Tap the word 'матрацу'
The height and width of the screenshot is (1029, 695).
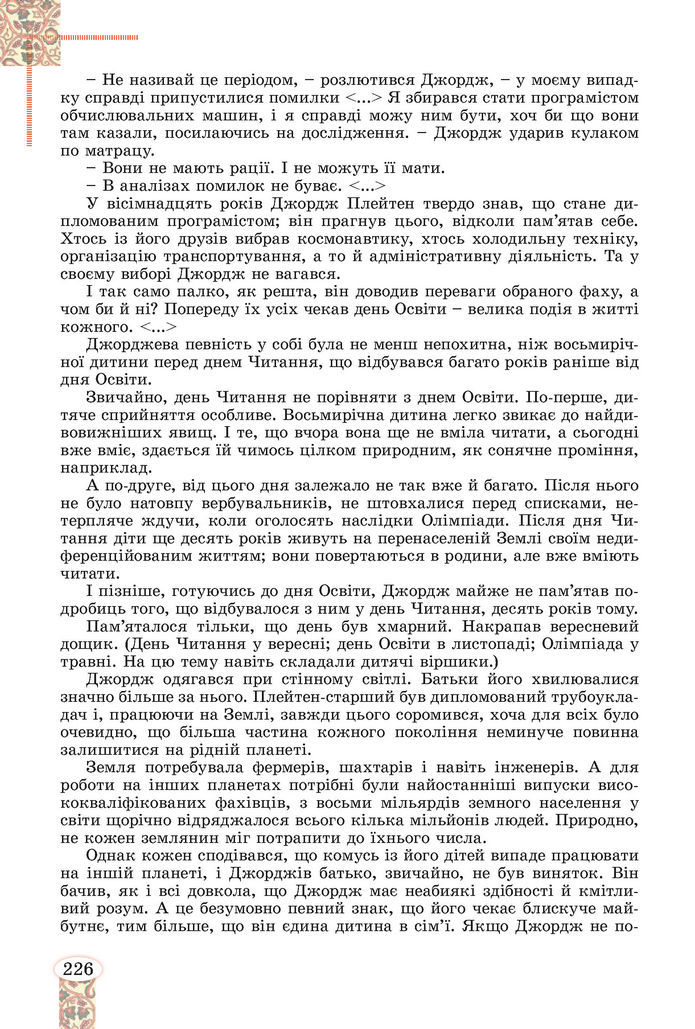point(88,151)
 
